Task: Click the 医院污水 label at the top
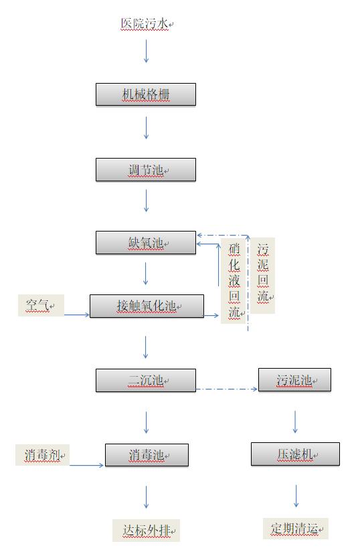(x=145, y=24)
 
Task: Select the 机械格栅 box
(x=146, y=94)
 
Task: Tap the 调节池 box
(x=146, y=170)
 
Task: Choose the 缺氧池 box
(x=146, y=243)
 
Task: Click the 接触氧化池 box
(x=147, y=306)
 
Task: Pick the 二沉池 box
(x=146, y=380)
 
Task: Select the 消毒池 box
(x=147, y=455)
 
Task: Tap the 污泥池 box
(x=294, y=379)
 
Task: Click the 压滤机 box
(x=295, y=454)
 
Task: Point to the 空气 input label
(x=41, y=305)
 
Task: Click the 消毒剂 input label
(x=42, y=455)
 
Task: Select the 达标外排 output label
(x=146, y=530)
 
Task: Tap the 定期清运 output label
(x=296, y=529)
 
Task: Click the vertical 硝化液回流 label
(x=234, y=280)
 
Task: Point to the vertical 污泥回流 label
(x=262, y=275)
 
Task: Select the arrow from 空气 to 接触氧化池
(x=77, y=314)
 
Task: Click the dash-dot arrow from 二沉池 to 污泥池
(x=227, y=389)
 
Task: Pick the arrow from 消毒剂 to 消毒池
(x=86, y=466)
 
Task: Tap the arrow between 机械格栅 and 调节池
(x=146, y=127)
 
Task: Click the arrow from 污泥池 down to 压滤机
(x=295, y=422)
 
